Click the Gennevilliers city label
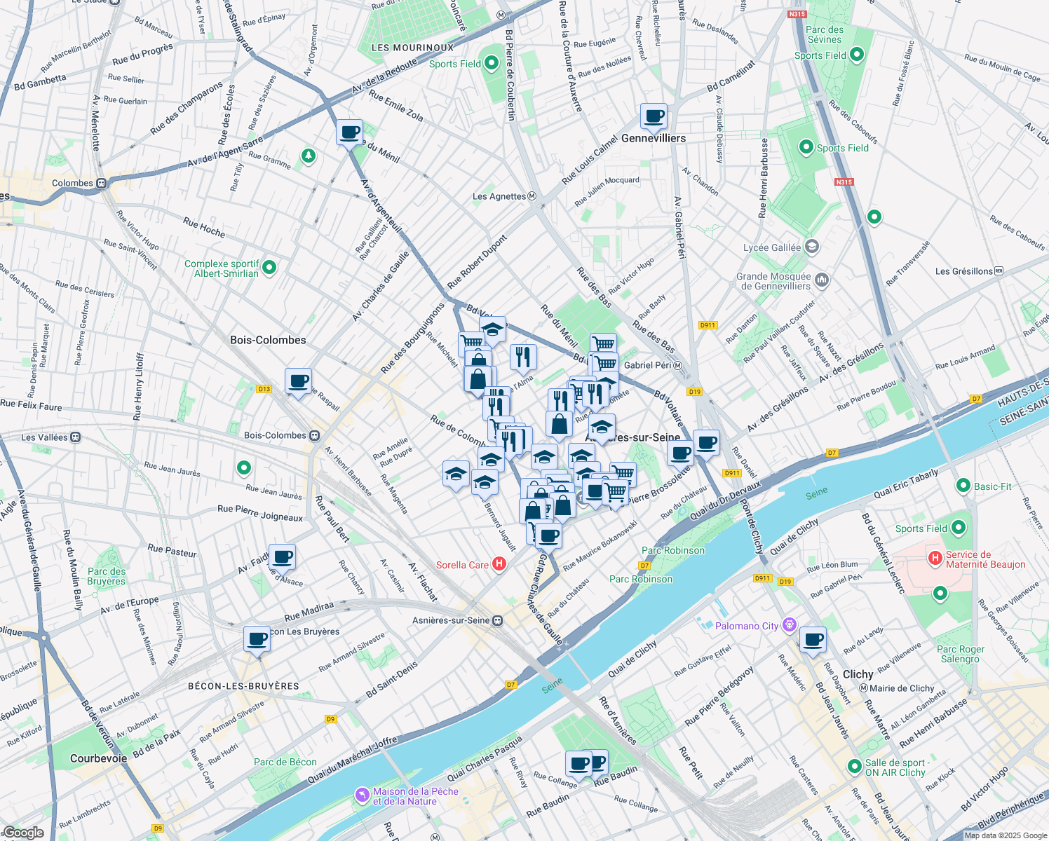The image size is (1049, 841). point(654,138)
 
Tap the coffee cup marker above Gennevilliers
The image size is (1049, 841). point(654,117)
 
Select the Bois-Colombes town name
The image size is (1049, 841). point(268,340)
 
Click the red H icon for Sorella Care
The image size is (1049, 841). point(499,564)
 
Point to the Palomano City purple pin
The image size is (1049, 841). point(790,624)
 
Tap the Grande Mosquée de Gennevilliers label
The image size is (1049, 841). point(773,281)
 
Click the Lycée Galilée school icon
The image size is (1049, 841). point(812,247)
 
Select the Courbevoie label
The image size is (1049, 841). point(99,758)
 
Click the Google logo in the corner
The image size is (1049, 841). point(23,832)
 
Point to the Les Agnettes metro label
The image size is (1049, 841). point(499,196)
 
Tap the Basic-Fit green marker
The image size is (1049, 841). point(963,486)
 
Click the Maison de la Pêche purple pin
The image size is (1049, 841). point(362,795)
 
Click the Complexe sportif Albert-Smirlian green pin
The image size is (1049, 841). point(269,268)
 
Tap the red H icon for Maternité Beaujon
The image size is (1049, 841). point(935,558)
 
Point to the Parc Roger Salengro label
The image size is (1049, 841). point(960,654)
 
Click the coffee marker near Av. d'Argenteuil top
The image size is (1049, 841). point(349,132)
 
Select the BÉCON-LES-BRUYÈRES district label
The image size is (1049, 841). point(243,686)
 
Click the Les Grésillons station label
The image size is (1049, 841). point(963,271)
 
